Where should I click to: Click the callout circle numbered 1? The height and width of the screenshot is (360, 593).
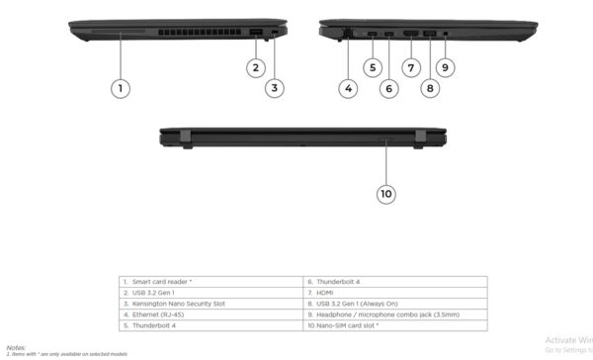(120, 88)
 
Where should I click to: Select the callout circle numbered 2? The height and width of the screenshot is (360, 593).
(255, 67)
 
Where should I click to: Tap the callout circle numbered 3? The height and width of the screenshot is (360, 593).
(275, 88)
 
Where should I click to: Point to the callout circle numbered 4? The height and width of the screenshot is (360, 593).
(349, 88)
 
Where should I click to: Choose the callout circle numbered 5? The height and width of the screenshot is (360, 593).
(372, 67)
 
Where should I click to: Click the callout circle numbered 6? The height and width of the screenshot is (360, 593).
(388, 88)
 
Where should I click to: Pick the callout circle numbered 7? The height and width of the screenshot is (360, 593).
(411, 67)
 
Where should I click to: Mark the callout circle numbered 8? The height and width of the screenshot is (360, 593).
(429, 88)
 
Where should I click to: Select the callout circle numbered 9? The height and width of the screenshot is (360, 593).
(446, 67)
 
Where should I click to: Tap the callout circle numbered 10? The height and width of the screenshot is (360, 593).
(386, 194)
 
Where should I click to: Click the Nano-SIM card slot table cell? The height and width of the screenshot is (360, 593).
(347, 325)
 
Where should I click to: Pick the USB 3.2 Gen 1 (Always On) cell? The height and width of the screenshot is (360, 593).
(356, 304)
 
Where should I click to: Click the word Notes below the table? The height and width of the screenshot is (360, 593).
(16, 347)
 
